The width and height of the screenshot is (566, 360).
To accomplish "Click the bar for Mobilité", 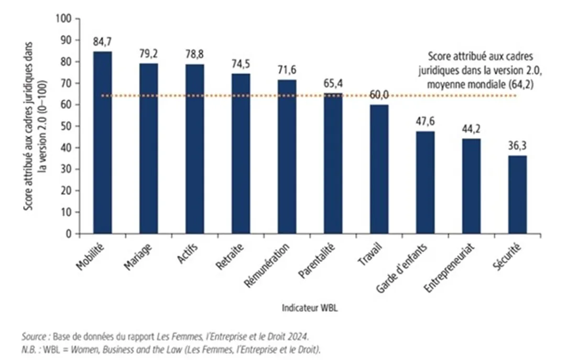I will pos(102,142).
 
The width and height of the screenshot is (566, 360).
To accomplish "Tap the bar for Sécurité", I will pos(518,194).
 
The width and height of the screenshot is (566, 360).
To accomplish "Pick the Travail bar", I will pos(379,169).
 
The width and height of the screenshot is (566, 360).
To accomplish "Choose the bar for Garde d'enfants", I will pos(425,182).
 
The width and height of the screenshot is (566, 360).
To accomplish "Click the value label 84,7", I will pos(102,41).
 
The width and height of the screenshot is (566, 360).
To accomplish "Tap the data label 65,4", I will pos(333,83).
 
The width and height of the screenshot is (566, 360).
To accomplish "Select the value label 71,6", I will pos(287,70).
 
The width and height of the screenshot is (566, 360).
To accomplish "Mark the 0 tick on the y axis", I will pos(68,234).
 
